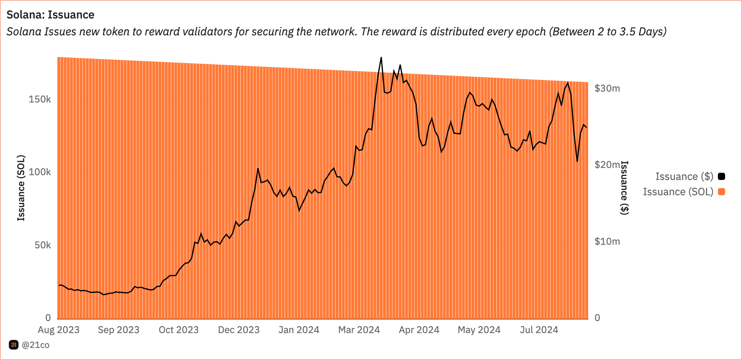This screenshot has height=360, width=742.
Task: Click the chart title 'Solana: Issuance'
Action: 50,15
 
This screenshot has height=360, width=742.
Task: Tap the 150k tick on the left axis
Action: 40,99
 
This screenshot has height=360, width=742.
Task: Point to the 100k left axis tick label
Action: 40,172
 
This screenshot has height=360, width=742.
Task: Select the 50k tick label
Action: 43,245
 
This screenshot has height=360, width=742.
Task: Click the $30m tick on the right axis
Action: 607,88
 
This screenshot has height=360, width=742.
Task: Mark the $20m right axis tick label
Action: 607,164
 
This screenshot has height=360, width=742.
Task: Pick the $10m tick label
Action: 607,241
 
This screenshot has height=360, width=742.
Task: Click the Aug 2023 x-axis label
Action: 59,330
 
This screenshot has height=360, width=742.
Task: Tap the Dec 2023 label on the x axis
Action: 239,330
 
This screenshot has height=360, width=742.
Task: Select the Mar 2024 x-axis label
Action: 359,330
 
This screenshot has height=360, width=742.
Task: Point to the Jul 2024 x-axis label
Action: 539,330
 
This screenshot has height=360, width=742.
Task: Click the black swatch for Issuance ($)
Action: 722,176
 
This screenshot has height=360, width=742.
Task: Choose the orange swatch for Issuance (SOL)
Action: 722,192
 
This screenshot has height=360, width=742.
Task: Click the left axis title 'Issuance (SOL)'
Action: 21,188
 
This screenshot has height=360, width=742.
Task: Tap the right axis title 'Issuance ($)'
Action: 624,188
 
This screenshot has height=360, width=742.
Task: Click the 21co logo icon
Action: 14,345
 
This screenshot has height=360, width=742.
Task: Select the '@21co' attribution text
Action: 35,345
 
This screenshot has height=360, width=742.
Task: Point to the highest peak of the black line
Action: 381,58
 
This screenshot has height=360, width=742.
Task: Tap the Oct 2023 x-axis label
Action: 178,330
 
